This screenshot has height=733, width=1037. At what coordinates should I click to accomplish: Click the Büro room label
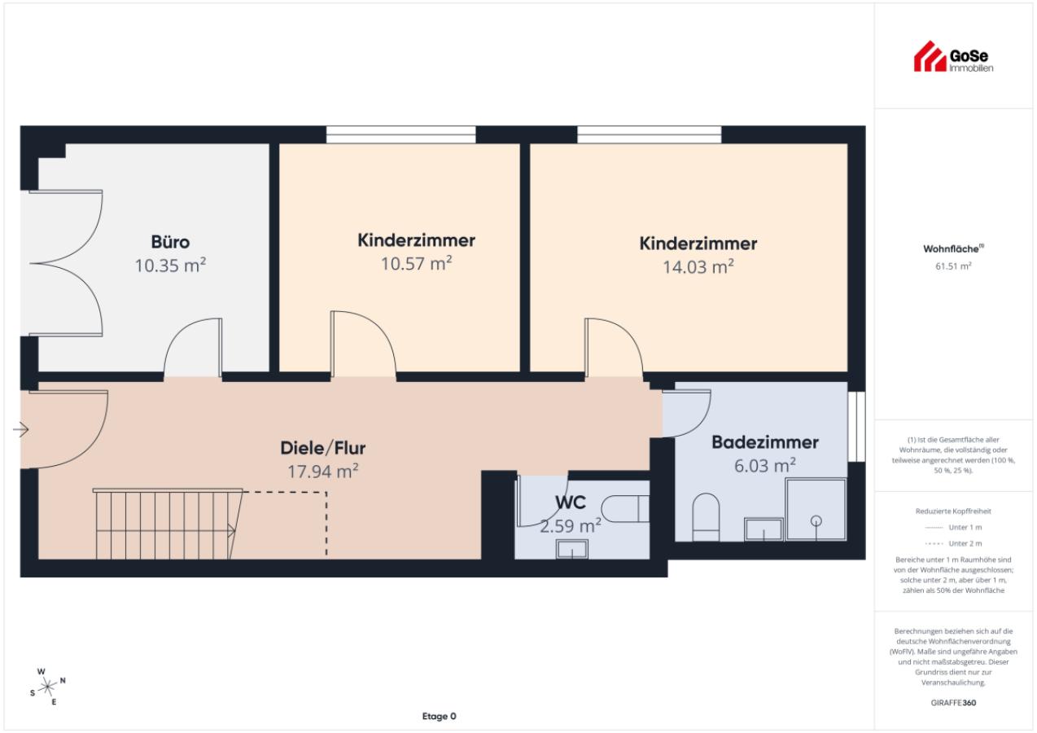click(170, 242)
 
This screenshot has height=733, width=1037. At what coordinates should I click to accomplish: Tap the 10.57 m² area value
click(416, 263)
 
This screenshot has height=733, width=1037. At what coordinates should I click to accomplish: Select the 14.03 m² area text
click(698, 266)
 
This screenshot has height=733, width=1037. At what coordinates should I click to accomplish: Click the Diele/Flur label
click(322, 448)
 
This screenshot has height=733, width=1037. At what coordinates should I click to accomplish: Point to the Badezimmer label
click(765, 442)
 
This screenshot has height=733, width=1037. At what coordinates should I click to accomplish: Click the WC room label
click(571, 503)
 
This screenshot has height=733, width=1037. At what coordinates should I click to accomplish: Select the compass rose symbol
click(47, 687)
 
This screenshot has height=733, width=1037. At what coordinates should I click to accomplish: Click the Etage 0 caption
click(439, 716)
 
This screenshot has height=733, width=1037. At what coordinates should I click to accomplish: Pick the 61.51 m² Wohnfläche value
click(952, 266)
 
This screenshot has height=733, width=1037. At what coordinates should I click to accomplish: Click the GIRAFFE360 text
click(953, 702)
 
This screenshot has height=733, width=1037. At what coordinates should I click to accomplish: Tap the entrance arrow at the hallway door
click(21, 429)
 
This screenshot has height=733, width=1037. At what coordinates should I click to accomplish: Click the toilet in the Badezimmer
click(706, 517)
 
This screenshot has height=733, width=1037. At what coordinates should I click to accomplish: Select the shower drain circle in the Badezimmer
click(816, 520)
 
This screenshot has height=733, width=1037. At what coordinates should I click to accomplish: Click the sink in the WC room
click(572, 550)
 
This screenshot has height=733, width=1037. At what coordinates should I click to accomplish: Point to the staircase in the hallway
click(168, 524)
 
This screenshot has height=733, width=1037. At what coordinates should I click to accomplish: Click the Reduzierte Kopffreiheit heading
click(953, 511)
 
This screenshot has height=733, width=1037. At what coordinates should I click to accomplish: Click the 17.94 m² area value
click(322, 472)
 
